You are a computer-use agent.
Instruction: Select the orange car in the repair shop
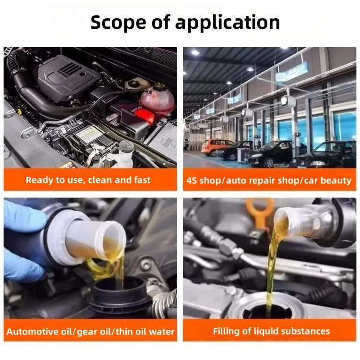point(217,147)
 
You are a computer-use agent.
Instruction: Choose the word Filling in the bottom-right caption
point(227,331)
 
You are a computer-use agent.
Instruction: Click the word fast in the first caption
point(141,180)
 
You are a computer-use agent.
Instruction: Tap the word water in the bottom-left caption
point(161,332)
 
